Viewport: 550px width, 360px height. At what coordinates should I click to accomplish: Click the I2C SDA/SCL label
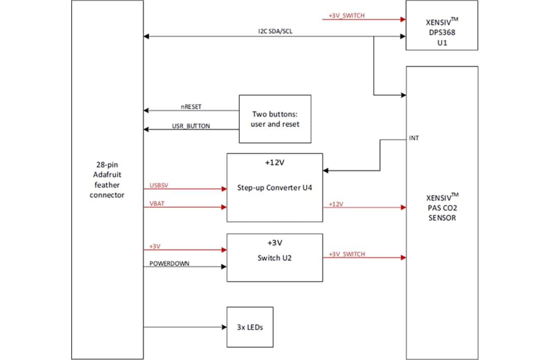275,31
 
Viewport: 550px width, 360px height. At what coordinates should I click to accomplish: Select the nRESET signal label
191,107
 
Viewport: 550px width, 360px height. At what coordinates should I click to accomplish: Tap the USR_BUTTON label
191,126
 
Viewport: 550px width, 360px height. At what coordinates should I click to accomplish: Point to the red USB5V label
159,185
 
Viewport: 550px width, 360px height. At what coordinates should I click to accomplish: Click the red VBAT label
156,203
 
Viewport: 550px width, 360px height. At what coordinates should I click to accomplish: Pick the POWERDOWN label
169,263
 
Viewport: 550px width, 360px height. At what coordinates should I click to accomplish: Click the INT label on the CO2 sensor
414,138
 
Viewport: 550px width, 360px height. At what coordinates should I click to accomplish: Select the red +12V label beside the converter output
336,204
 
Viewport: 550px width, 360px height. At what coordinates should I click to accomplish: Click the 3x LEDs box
250,327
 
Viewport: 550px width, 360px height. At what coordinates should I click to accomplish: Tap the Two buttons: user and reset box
275,119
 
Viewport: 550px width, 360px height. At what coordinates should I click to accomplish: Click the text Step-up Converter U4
274,187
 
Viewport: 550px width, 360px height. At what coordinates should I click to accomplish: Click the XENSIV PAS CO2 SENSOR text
442,207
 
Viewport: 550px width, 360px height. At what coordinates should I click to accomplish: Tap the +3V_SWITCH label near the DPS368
346,16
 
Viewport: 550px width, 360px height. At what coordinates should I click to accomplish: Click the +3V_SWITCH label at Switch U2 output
347,254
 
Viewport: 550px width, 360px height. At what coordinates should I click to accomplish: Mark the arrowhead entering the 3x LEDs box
223,327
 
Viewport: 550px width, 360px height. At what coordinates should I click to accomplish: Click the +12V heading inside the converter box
274,163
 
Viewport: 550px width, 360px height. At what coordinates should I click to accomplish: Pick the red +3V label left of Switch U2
155,246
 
